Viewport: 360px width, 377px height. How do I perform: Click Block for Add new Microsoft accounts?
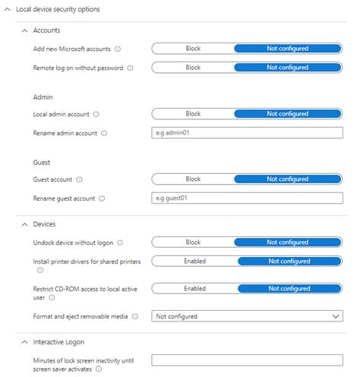click(x=193, y=48)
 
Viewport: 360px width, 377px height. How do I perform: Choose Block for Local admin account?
click(x=193, y=114)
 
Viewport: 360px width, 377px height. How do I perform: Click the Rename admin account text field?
click(x=248, y=133)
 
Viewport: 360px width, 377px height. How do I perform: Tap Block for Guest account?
click(x=193, y=179)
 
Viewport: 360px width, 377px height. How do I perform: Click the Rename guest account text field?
click(x=248, y=198)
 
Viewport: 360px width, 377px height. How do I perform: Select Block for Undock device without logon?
click(x=193, y=242)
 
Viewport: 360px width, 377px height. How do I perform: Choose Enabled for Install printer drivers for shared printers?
click(x=194, y=261)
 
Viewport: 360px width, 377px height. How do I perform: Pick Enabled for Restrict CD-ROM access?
click(x=194, y=288)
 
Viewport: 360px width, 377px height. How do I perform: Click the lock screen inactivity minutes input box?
click(x=248, y=360)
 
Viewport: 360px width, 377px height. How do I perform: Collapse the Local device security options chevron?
click(x=8, y=9)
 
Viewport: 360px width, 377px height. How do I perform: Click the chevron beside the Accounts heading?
click(x=26, y=30)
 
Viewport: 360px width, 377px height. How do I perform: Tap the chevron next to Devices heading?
click(x=26, y=224)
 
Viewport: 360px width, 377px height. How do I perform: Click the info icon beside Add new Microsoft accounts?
click(x=118, y=49)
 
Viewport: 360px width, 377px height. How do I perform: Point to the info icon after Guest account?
click(x=80, y=180)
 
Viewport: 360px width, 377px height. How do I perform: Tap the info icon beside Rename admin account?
click(x=103, y=134)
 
